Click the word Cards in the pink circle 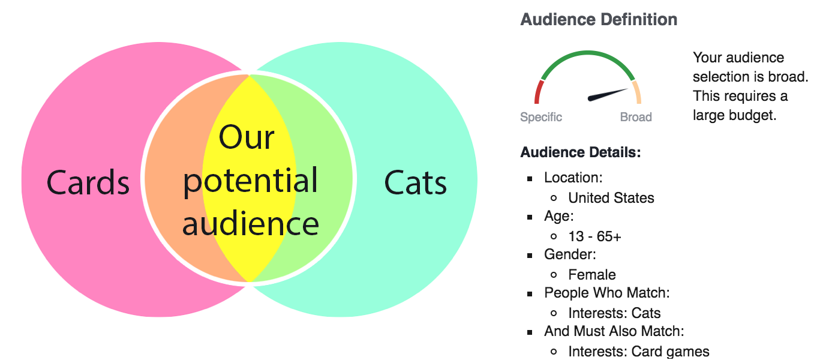(x=88, y=182)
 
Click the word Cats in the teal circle (x=415, y=182)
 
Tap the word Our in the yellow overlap (x=247, y=137)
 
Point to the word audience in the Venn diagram (x=250, y=224)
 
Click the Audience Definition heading (x=599, y=19)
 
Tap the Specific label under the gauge (x=540, y=117)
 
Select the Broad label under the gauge (x=636, y=117)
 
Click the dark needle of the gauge (x=607, y=95)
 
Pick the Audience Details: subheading (x=580, y=152)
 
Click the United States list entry (x=611, y=198)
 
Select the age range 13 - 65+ (x=594, y=236)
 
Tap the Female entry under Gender (x=592, y=275)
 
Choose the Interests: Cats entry (x=614, y=313)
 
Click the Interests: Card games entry (x=638, y=352)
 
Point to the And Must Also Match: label (x=614, y=331)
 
